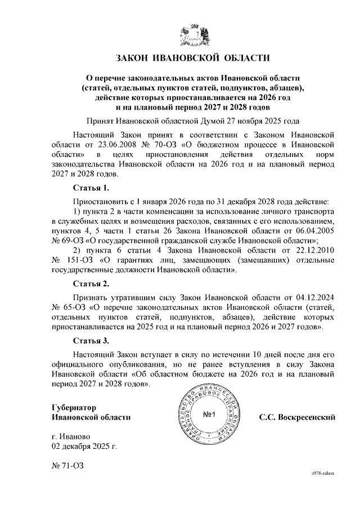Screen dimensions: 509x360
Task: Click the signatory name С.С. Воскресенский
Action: (x=297, y=417)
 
